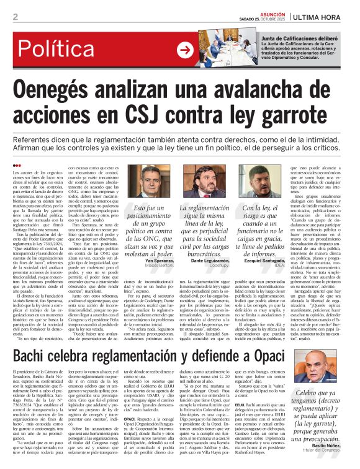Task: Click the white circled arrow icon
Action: (x=185, y=50)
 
